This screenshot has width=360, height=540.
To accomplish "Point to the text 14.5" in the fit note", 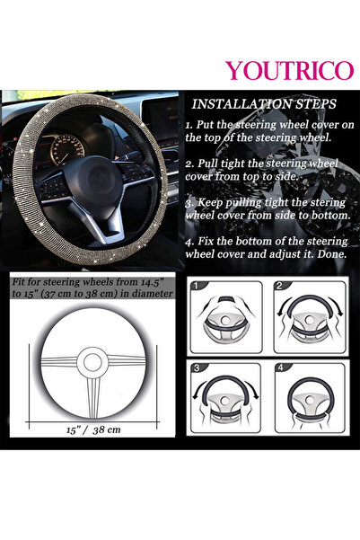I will pyautogui.click(x=159, y=280).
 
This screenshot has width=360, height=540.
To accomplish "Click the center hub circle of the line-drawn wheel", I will pyautogui.click(x=92, y=361).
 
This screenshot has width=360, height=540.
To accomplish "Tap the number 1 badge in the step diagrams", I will pyautogui.click(x=197, y=286).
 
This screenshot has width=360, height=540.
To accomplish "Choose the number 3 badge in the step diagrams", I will pyautogui.click(x=197, y=368).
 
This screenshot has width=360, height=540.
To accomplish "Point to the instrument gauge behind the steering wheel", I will pyautogui.click(x=67, y=146).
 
